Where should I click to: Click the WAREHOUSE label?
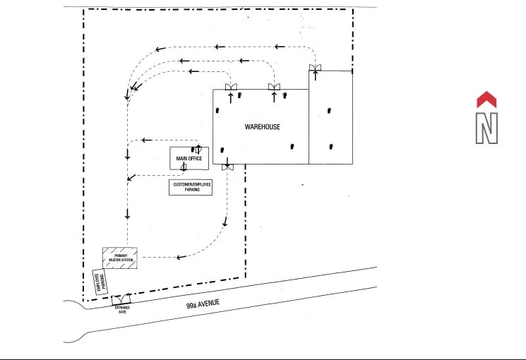point(263,127)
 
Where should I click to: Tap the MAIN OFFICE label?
point(189,159)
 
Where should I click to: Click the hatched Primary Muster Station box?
point(119,258)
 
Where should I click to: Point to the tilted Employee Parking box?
point(100,282)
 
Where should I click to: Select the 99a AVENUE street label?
point(203,304)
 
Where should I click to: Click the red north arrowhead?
point(487,100)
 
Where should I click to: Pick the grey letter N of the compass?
point(486,128)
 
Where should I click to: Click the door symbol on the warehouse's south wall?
point(227,167)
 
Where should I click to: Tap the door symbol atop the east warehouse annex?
point(315,68)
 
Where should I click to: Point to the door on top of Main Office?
point(198,148)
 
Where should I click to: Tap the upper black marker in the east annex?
point(329,111)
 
